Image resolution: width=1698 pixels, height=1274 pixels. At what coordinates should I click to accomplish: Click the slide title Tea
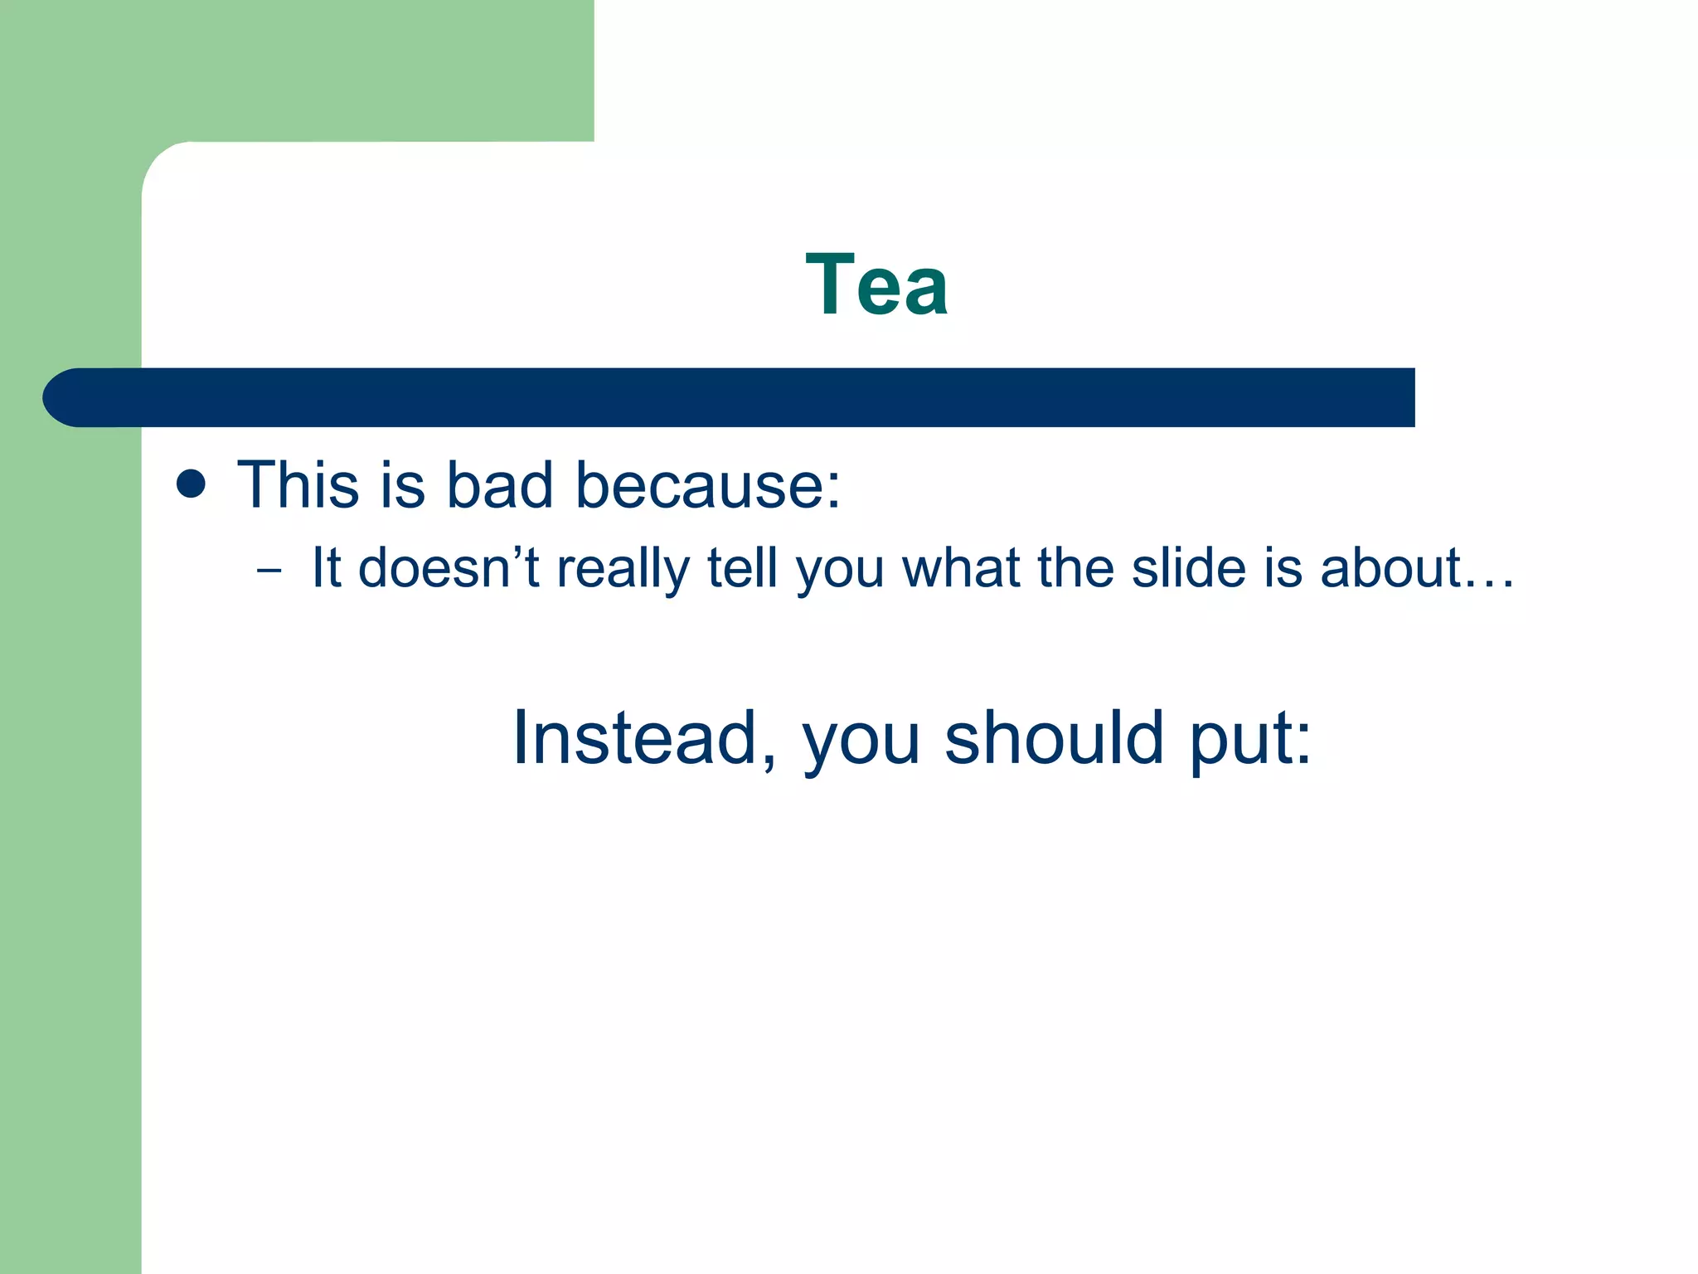(x=876, y=284)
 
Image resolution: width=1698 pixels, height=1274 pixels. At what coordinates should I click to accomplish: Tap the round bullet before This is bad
(x=192, y=484)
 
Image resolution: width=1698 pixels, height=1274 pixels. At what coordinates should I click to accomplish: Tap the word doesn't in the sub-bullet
(x=449, y=569)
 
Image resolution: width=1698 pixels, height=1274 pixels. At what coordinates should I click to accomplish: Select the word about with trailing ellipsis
(x=1416, y=569)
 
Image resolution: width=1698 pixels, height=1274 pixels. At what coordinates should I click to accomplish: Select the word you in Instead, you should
(x=860, y=742)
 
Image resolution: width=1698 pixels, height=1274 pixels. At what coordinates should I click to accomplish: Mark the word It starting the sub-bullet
(x=326, y=569)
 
